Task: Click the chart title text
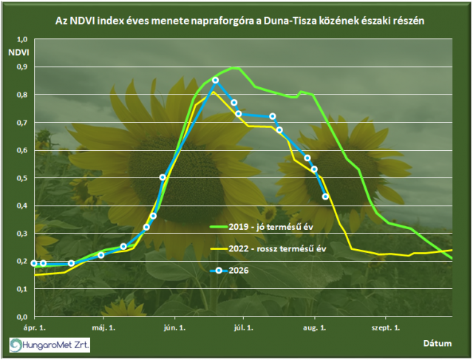pyautogui.click(x=239, y=21)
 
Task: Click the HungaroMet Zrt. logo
pyautogui.click(x=50, y=344)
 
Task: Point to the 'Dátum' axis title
pyautogui.click(x=438, y=344)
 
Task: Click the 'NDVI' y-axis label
pyautogui.click(x=18, y=52)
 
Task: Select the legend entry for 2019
pyautogui.click(x=262, y=227)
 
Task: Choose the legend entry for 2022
pyautogui.click(x=268, y=248)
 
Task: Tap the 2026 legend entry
pyautogui.click(x=229, y=271)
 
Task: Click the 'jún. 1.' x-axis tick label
pyautogui.click(x=174, y=328)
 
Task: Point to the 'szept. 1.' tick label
pyautogui.click(x=386, y=328)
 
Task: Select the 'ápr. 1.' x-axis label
pyautogui.click(x=35, y=328)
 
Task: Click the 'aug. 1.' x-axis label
pyautogui.click(x=315, y=328)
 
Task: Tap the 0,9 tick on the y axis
pyautogui.click(x=22, y=67)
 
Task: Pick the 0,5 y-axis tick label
pyautogui.click(x=22, y=178)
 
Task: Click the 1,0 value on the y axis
pyautogui.click(x=22, y=39)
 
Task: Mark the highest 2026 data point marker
pyautogui.click(x=215, y=81)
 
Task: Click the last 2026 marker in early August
pyautogui.click(x=325, y=197)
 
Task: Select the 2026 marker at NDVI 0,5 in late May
pyautogui.click(x=163, y=177)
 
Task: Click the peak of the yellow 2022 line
pyautogui.click(x=214, y=92)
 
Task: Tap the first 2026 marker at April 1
pyautogui.click(x=34, y=263)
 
